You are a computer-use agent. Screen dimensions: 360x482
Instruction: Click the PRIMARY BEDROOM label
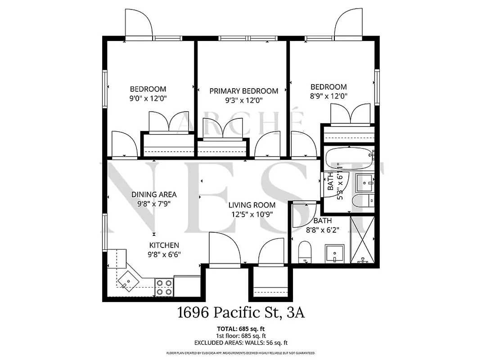(243, 91)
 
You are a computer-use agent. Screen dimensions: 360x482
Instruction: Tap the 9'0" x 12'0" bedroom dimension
(148, 98)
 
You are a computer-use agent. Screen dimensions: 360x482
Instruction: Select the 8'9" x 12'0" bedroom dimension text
(329, 96)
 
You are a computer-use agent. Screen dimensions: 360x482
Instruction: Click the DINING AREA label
(154, 194)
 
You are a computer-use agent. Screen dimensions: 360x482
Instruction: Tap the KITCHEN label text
(164, 245)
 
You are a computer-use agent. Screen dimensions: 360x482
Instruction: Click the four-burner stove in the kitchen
(164, 287)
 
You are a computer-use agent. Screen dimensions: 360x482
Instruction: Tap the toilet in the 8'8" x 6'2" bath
(305, 252)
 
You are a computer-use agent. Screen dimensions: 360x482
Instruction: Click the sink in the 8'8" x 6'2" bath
(334, 254)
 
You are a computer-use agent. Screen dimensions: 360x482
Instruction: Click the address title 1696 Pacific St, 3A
(241, 312)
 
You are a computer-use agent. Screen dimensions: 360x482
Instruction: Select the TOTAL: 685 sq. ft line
(241, 328)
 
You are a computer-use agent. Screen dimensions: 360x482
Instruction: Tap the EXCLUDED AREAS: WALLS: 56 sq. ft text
(241, 343)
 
